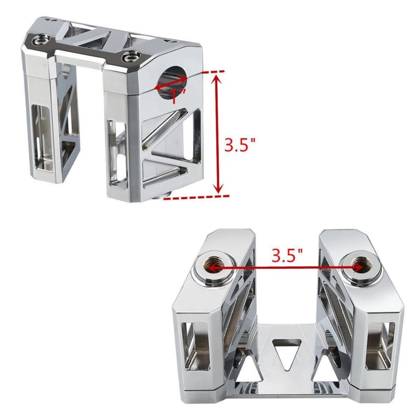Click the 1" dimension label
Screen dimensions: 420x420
(x=177, y=96)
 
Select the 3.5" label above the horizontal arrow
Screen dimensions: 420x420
(x=287, y=255)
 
